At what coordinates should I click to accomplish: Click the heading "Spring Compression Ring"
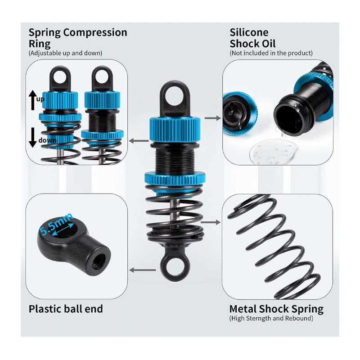point(77,38)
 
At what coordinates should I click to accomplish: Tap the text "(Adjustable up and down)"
point(65,53)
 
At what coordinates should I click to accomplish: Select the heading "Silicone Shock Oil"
point(252,38)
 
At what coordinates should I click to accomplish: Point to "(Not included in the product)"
point(271,53)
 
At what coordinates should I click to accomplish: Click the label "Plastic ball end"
point(66,309)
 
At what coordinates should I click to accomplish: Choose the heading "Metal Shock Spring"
point(276,309)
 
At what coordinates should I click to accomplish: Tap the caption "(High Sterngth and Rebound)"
point(271,318)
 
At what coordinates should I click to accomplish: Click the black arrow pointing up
point(33,100)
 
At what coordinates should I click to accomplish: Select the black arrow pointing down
point(33,137)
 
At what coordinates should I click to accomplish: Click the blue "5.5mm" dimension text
point(56,224)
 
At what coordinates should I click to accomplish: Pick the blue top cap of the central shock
point(175,129)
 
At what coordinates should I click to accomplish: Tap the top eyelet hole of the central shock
point(175,96)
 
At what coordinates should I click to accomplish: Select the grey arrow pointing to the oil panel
point(212,118)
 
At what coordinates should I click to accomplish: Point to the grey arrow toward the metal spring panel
point(211,222)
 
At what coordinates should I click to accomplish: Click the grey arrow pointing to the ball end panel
point(143,270)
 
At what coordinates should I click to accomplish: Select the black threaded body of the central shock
point(175,159)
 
